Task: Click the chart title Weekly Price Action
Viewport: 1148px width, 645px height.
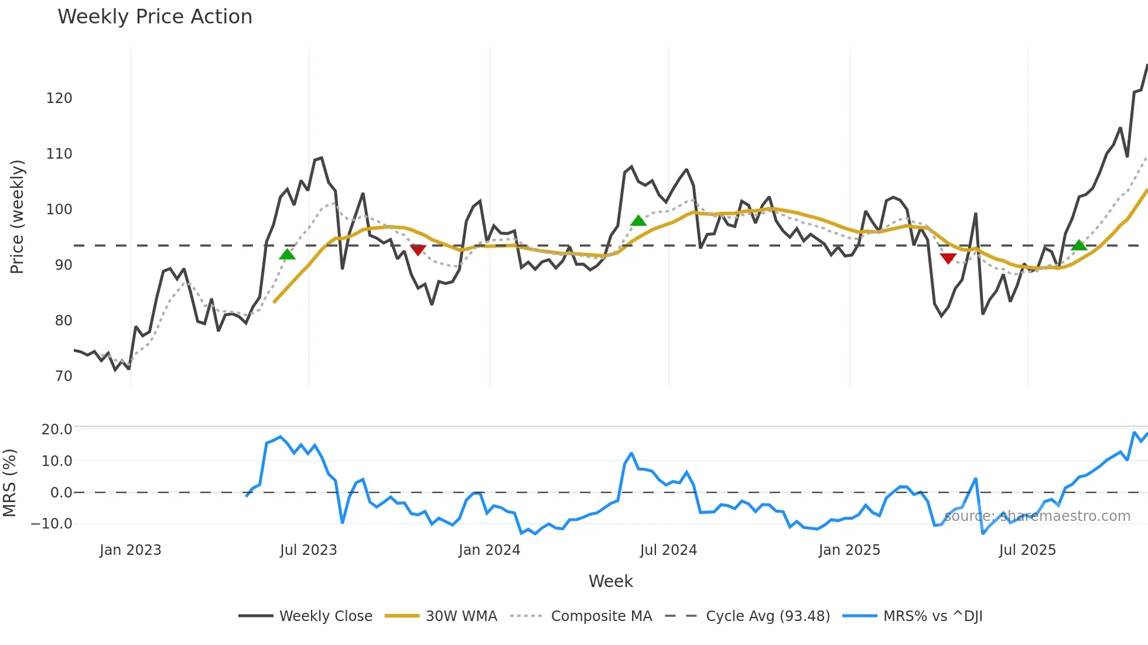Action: tap(155, 17)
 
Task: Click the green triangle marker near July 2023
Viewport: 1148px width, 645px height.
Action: tap(287, 254)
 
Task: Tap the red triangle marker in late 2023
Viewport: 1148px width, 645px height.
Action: tap(418, 250)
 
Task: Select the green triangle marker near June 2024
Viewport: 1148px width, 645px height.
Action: tap(638, 221)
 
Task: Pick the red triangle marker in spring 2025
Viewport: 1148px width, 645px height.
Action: tap(948, 258)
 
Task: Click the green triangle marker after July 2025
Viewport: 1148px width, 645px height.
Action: tap(1078, 245)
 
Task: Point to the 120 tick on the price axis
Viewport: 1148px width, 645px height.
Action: tap(59, 98)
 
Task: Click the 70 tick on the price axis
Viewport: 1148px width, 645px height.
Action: tap(63, 376)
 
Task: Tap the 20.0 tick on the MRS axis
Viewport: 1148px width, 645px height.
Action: tap(57, 430)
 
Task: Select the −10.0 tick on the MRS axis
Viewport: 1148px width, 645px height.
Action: tap(52, 524)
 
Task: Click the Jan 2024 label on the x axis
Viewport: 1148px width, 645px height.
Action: tap(489, 550)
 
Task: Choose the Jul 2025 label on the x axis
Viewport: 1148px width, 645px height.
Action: tap(1027, 550)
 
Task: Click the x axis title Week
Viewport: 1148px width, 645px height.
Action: tap(610, 581)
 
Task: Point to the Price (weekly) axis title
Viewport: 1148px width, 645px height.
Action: tap(17, 217)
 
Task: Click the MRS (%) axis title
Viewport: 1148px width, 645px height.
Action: tap(9, 483)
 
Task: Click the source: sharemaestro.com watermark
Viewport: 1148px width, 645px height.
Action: tap(1037, 516)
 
